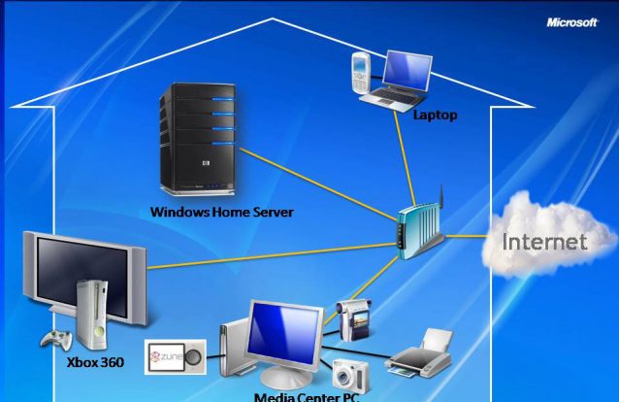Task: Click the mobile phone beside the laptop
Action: click(x=360, y=72)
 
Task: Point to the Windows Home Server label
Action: click(x=221, y=212)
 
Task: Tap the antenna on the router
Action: click(x=438, y=204)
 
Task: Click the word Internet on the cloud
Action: click(x=544, y=242)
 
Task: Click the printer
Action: click(x=420, y=355)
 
